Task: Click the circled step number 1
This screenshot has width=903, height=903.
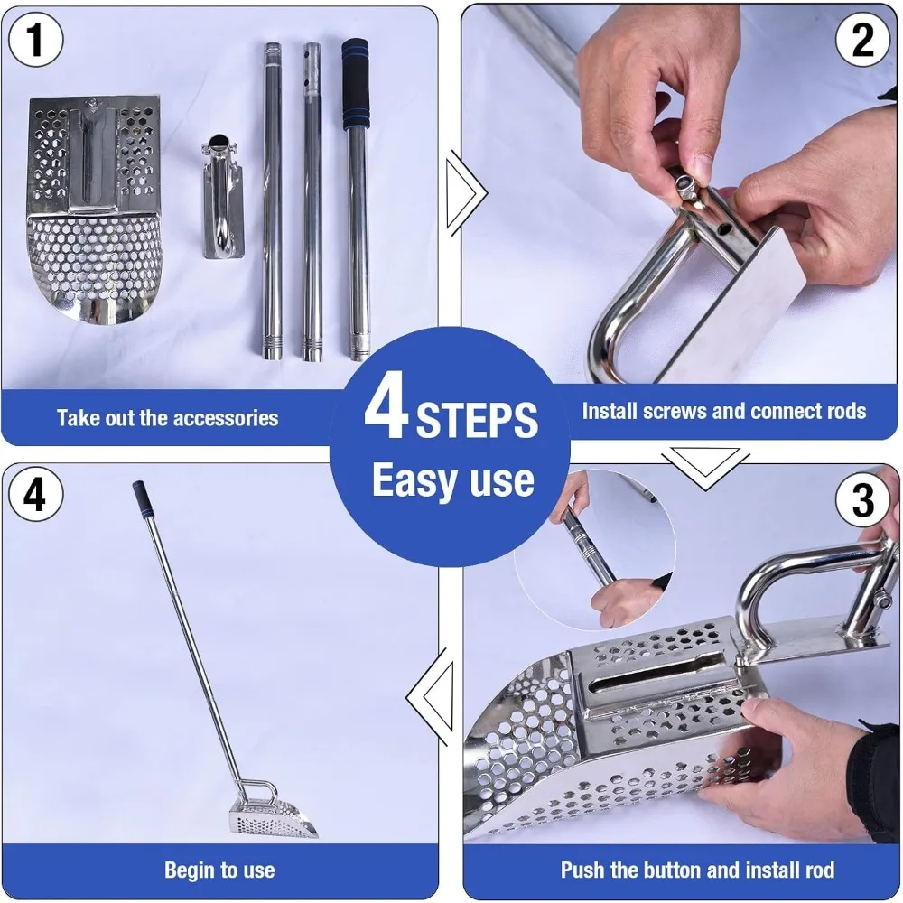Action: (x=36, y=41)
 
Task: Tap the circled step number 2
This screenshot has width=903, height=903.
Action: (x=862, y=41)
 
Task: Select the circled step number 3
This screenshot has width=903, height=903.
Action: (x=862, y=499)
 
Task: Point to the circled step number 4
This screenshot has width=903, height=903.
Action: (x=36, y=494)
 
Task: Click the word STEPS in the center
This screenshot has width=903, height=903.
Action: (x=477, y=420)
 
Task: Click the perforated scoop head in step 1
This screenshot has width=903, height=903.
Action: (x=94, y=209)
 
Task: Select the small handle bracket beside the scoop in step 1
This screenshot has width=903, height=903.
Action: (x=222, y=196)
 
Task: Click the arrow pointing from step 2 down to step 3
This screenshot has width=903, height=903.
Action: (x=705, y=468)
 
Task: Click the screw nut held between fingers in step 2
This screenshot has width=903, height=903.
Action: (x=685, y=185)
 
